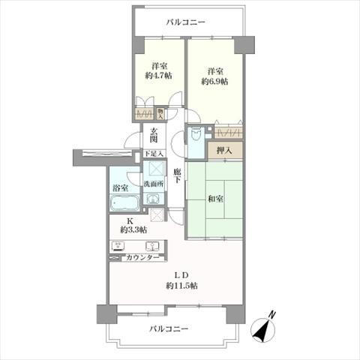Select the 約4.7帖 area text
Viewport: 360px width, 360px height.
(157, 75)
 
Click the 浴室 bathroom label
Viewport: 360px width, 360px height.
(119, 187)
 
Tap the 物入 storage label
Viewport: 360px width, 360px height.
(160, 113)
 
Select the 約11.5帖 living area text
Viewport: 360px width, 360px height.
(182, 285)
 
